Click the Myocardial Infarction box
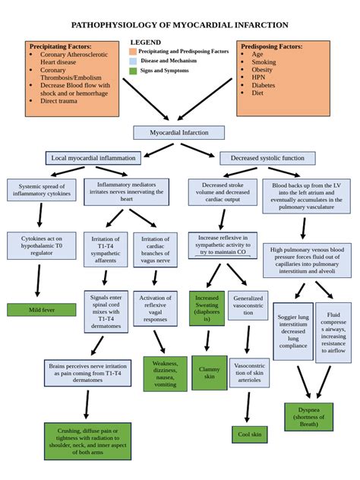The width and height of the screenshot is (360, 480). [x=178, y=132]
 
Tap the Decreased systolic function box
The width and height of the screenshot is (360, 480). [x=267, y=158]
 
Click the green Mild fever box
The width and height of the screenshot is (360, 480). [x=41, y=310]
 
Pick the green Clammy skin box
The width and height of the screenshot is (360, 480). [x=209, y=372]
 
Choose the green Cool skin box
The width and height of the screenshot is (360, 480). [x=249, y=434]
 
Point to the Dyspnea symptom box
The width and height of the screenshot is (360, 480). [x=308, y=417]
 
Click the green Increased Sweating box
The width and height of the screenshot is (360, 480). [x=207, y=308]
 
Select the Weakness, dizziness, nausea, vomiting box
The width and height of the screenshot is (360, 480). [x=165, y=374]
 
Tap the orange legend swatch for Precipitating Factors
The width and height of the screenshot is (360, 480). [x=133, y=52]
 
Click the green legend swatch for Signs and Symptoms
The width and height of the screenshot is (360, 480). [x=133, y=71]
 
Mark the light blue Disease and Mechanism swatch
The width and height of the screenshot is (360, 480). [x=133, y=61]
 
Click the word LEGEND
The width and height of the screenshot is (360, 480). [x=145, y=43]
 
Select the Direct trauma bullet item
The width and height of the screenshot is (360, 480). [x=60, y=100]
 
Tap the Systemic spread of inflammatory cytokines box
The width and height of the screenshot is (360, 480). [x=41, y=190]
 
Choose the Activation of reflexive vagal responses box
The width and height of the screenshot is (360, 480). [x=155, y=308]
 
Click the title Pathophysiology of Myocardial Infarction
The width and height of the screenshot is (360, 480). [x=179, y=25]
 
